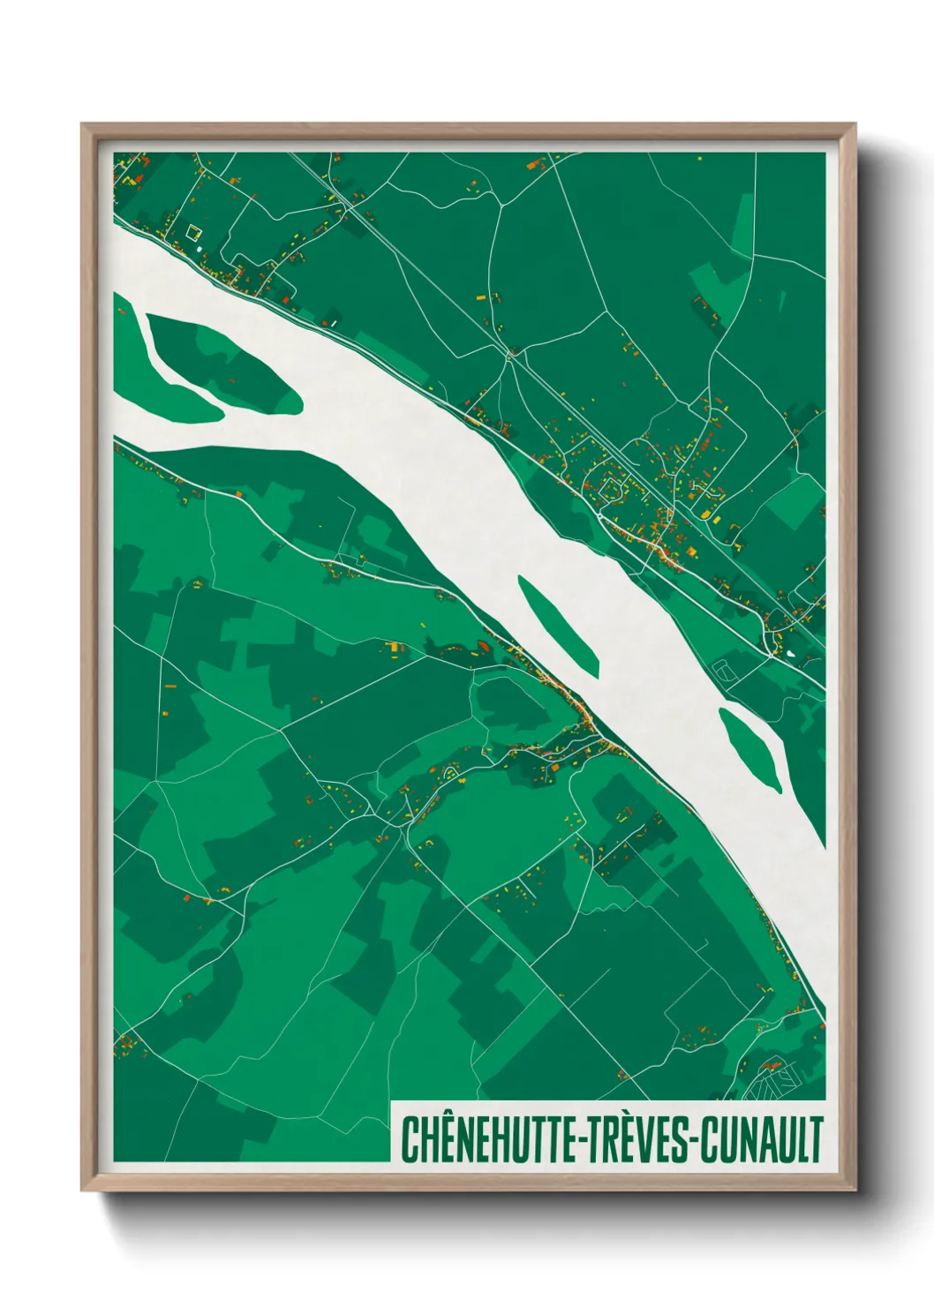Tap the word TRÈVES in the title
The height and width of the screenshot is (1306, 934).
[x=640, y=1139]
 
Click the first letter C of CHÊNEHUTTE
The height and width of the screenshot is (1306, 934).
[x=411, y=1140]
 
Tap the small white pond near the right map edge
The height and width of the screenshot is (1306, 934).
[x=788, y=654]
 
